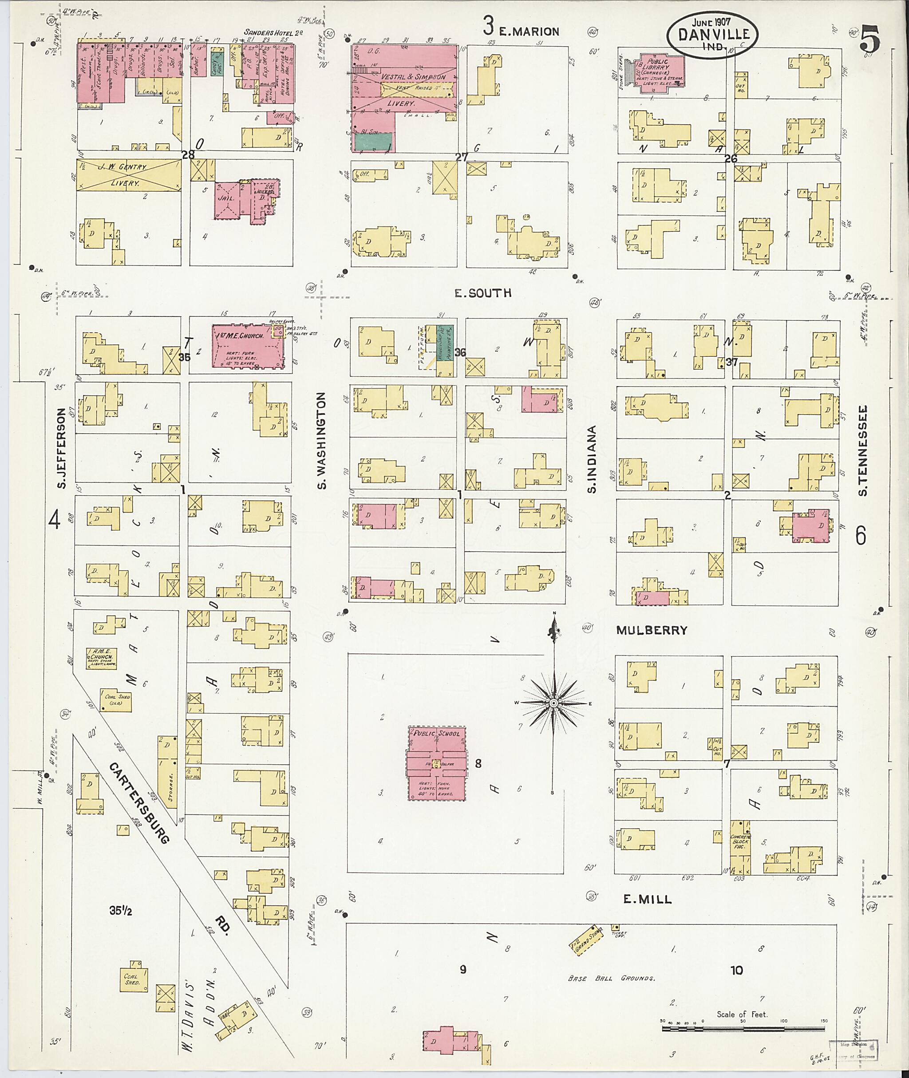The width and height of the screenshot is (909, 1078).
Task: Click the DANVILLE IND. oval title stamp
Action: coord(713,34)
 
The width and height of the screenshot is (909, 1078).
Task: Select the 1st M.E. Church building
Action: coord(248,346)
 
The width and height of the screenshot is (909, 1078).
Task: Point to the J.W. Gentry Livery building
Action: coord(128,175)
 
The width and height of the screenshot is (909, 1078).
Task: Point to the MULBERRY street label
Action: coord(652,630)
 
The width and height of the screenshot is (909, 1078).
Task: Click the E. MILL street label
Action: coord(647,899)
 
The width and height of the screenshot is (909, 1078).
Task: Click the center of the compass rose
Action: coord(553,703)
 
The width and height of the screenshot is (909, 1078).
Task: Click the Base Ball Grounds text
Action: coord(611,978)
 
